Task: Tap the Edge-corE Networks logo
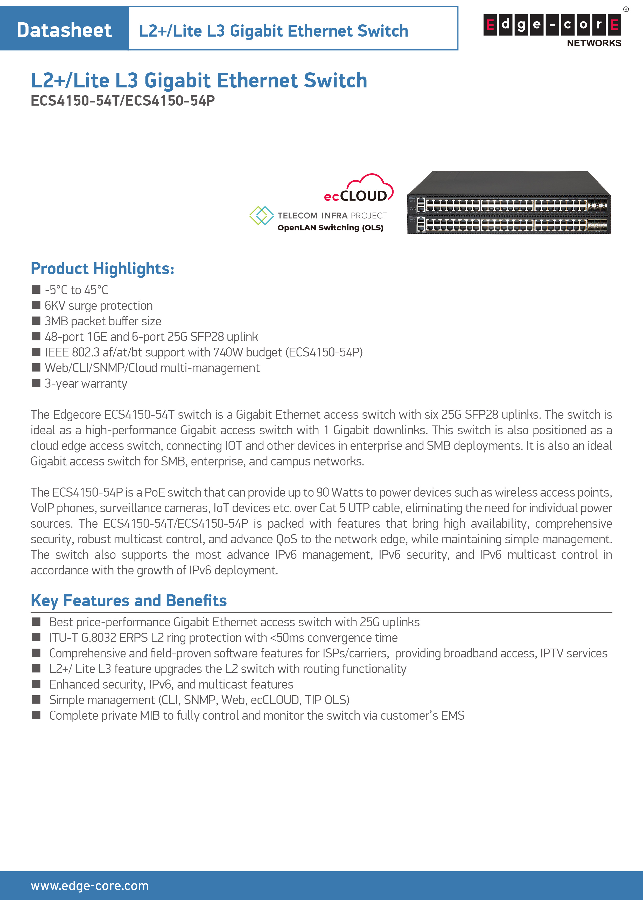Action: [x=552, y=30]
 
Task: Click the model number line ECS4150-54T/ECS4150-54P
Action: [x=123, y=101]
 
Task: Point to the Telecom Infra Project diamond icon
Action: [x=261, y=216]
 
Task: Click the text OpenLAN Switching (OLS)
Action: [x=330, y=228]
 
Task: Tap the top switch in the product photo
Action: [x=509, y=194]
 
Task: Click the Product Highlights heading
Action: [x=103, y=269]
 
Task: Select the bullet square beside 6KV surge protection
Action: [x=36, y=305]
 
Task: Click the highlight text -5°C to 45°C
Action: [x=76, y=290]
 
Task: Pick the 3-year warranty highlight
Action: [x=86, y=383]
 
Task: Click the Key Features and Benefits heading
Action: [x=129, y=601]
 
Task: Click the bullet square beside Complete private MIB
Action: [x=36, y=715]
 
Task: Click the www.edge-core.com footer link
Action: [x=90, y=886]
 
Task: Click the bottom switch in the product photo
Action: [x=509, y=225]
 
